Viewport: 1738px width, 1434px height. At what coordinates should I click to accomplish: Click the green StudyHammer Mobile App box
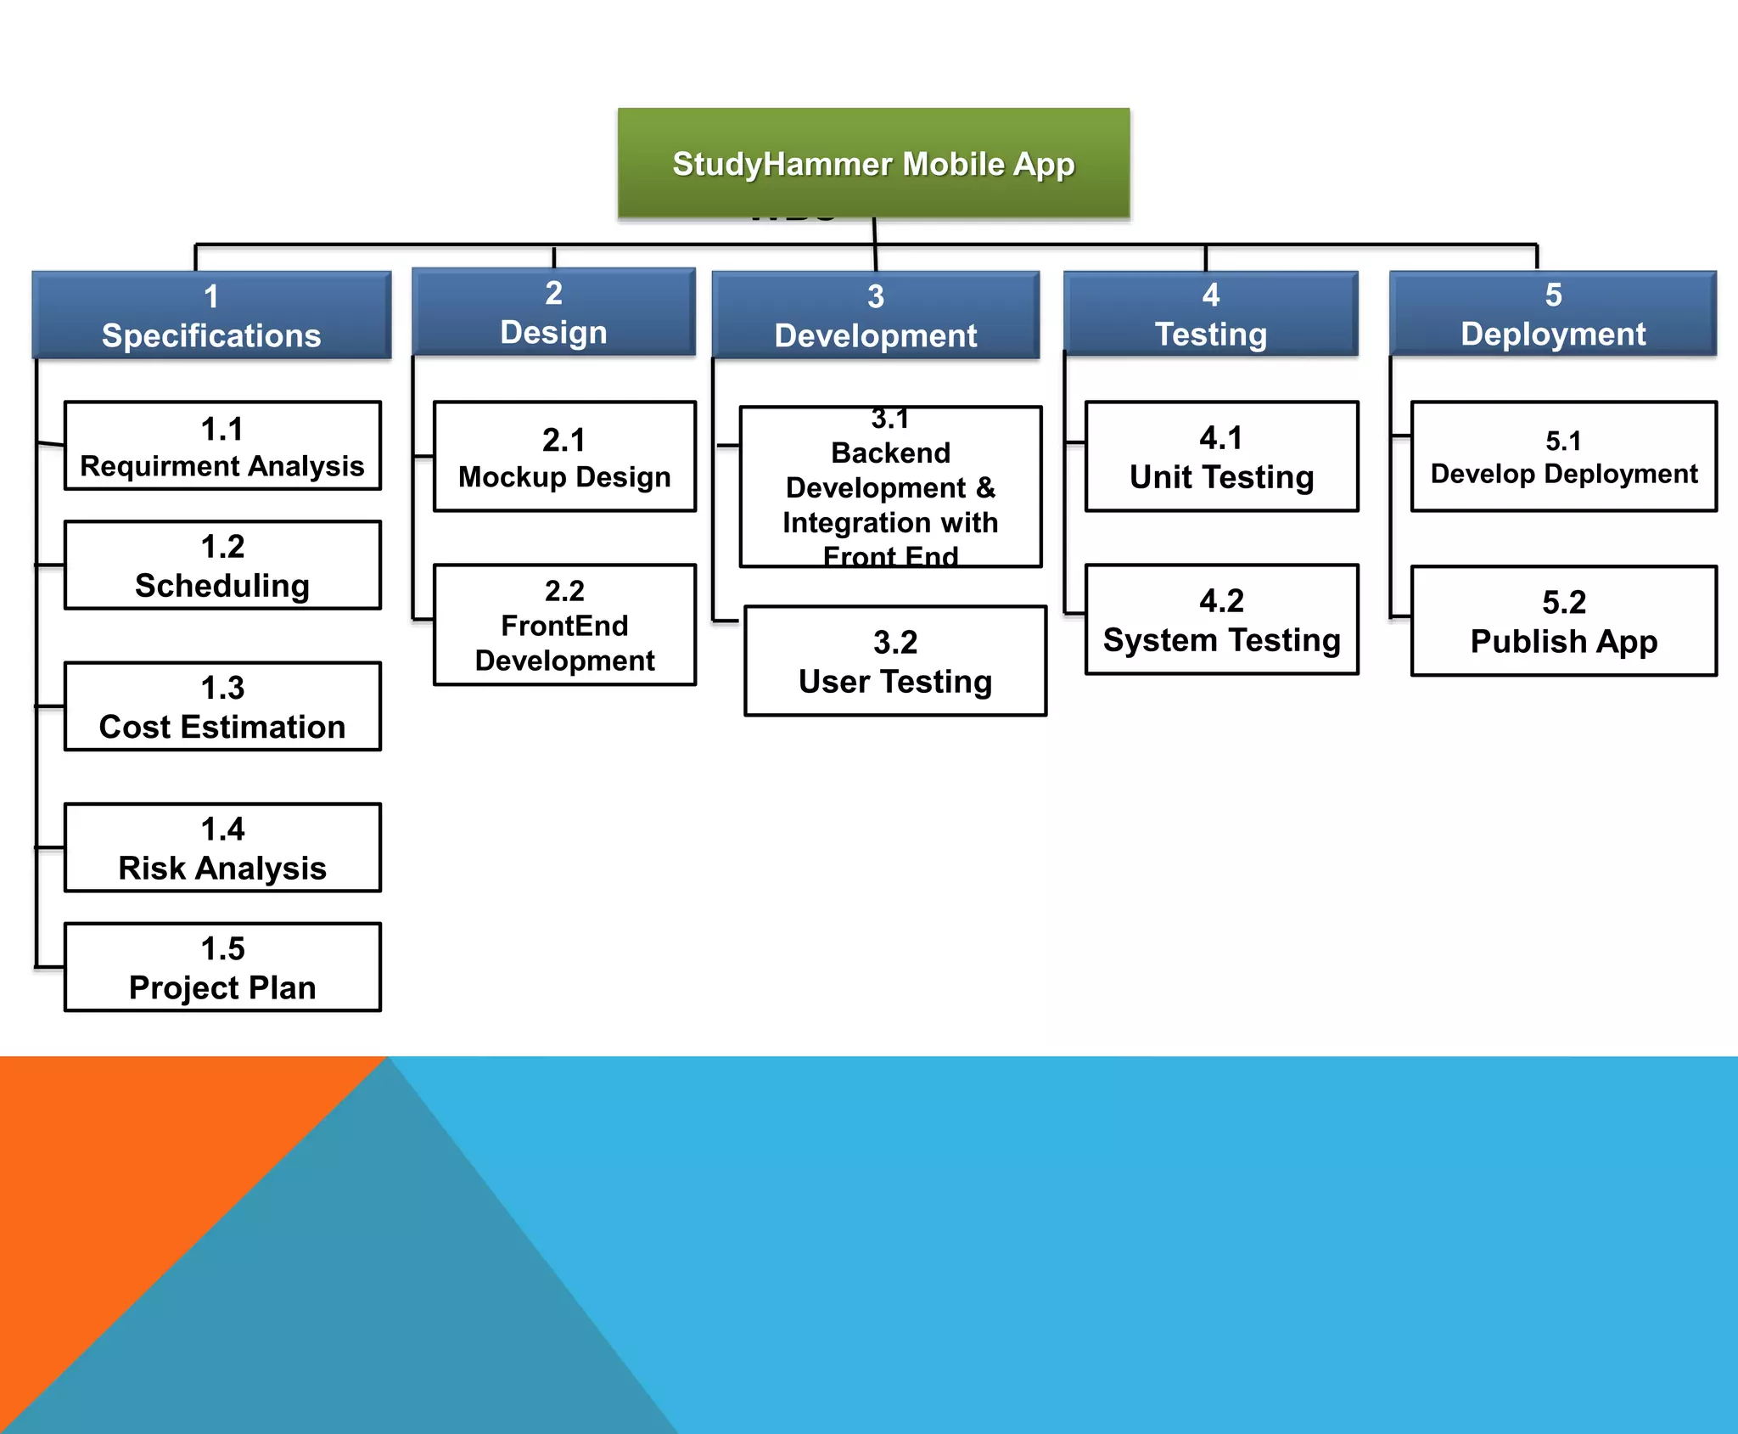click(873, 163)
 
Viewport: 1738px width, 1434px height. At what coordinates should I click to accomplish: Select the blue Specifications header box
click(211, 315)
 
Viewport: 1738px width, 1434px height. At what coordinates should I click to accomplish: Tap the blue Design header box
click(553, 312)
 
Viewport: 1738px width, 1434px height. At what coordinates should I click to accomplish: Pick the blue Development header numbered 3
click(875, 315)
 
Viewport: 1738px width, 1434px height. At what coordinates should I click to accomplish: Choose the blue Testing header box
click(1210, 313)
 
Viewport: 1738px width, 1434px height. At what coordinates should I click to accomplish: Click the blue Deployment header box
click(1552, 313)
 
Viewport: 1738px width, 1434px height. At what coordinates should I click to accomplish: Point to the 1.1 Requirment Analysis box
click(222, 446)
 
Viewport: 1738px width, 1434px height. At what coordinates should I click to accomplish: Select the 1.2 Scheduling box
click(222, 565)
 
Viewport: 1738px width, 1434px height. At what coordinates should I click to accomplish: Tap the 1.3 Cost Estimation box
click(222, 706)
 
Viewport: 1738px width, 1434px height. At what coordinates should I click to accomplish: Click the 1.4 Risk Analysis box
click(222, 847)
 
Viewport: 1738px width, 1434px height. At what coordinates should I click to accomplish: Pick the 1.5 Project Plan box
click(222, 967)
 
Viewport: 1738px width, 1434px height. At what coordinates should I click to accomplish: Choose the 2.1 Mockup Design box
click(564, 457)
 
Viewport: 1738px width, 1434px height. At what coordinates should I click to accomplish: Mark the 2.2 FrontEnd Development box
click(564, 625)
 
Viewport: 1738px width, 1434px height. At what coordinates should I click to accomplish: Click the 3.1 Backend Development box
click(890, 487)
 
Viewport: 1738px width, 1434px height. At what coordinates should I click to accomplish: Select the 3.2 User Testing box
click(895, 661)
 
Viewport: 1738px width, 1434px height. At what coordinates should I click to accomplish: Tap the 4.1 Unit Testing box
click(1221, 457)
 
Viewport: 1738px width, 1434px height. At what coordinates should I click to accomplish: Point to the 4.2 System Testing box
click(1221, 620)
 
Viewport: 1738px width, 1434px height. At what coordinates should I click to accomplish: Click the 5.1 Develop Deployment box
click(1563, 457)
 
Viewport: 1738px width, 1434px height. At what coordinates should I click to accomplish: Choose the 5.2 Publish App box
click(1563, 621)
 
